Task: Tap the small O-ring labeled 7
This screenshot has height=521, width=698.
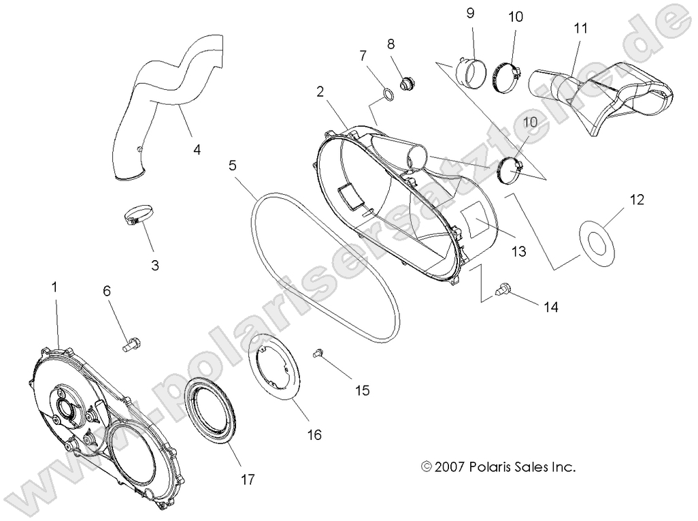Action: click(x=386, y=95)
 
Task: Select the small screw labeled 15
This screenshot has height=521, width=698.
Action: click(x=317, y=352)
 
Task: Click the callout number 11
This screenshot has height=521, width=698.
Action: click(x=580, y=29)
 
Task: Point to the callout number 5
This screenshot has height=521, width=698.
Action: click(x=232, y=165)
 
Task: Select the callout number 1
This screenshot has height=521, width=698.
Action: click(x=54, y=288)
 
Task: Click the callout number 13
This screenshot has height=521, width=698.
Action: click(x=518, y=252)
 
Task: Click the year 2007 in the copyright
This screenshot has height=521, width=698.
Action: click(x=450, y=467)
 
